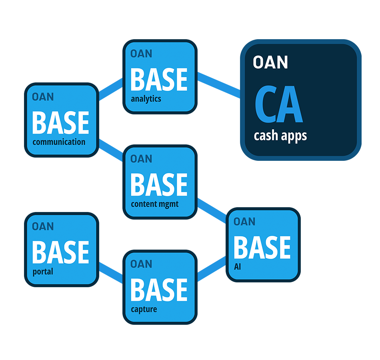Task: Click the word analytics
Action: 146,98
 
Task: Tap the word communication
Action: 59,142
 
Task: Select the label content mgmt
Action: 154,204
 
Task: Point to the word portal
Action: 42,272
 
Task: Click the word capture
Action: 144,309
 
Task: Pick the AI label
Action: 238,266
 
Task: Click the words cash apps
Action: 280,135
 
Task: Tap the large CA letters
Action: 278,105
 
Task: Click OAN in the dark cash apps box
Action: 270,62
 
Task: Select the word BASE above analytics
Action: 159,79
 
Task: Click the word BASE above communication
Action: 60,123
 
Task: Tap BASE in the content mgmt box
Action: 159,185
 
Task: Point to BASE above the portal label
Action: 60,252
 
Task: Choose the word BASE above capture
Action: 159,290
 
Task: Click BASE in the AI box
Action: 262,247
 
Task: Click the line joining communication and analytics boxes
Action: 110,89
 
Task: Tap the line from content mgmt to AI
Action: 212,209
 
